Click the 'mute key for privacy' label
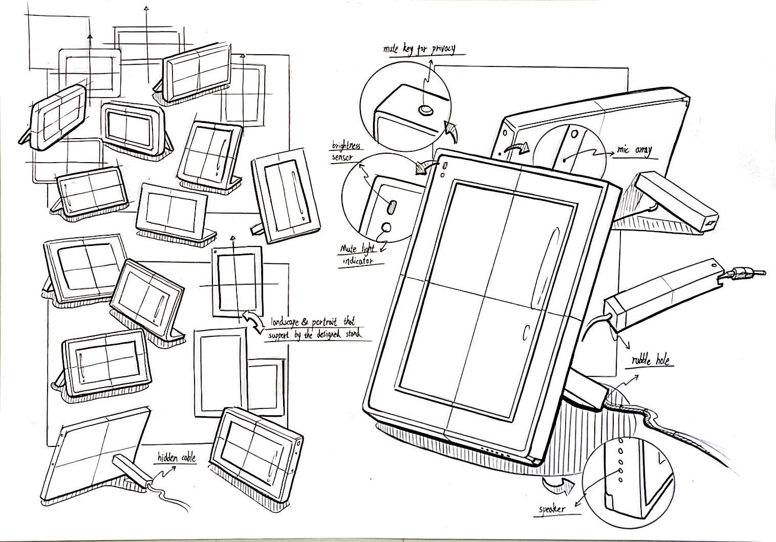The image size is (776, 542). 419,50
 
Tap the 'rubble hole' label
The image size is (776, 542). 650,361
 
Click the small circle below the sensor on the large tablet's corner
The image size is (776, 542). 442,174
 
